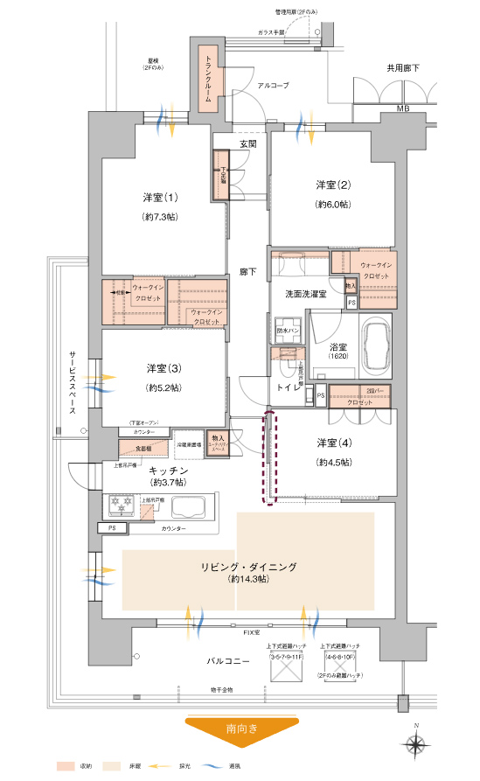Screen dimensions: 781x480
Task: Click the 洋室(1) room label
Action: point(160,196)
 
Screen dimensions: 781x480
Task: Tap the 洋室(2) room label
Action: point(333,185)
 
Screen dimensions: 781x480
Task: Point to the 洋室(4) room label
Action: point(334,443)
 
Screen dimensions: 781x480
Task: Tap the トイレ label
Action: point(289,387)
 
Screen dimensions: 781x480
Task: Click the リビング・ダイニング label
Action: point(247,567)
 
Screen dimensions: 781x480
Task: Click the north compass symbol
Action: point(417,743)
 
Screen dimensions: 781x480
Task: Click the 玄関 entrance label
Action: point(247,143)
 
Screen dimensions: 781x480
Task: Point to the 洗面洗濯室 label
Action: point(306,295)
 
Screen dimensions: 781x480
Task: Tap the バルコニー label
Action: point(229,662)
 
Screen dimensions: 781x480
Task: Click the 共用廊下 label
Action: point(403,67)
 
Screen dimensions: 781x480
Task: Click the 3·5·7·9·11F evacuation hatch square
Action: point(285,671)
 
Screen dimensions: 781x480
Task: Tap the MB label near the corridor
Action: point(402,108)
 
